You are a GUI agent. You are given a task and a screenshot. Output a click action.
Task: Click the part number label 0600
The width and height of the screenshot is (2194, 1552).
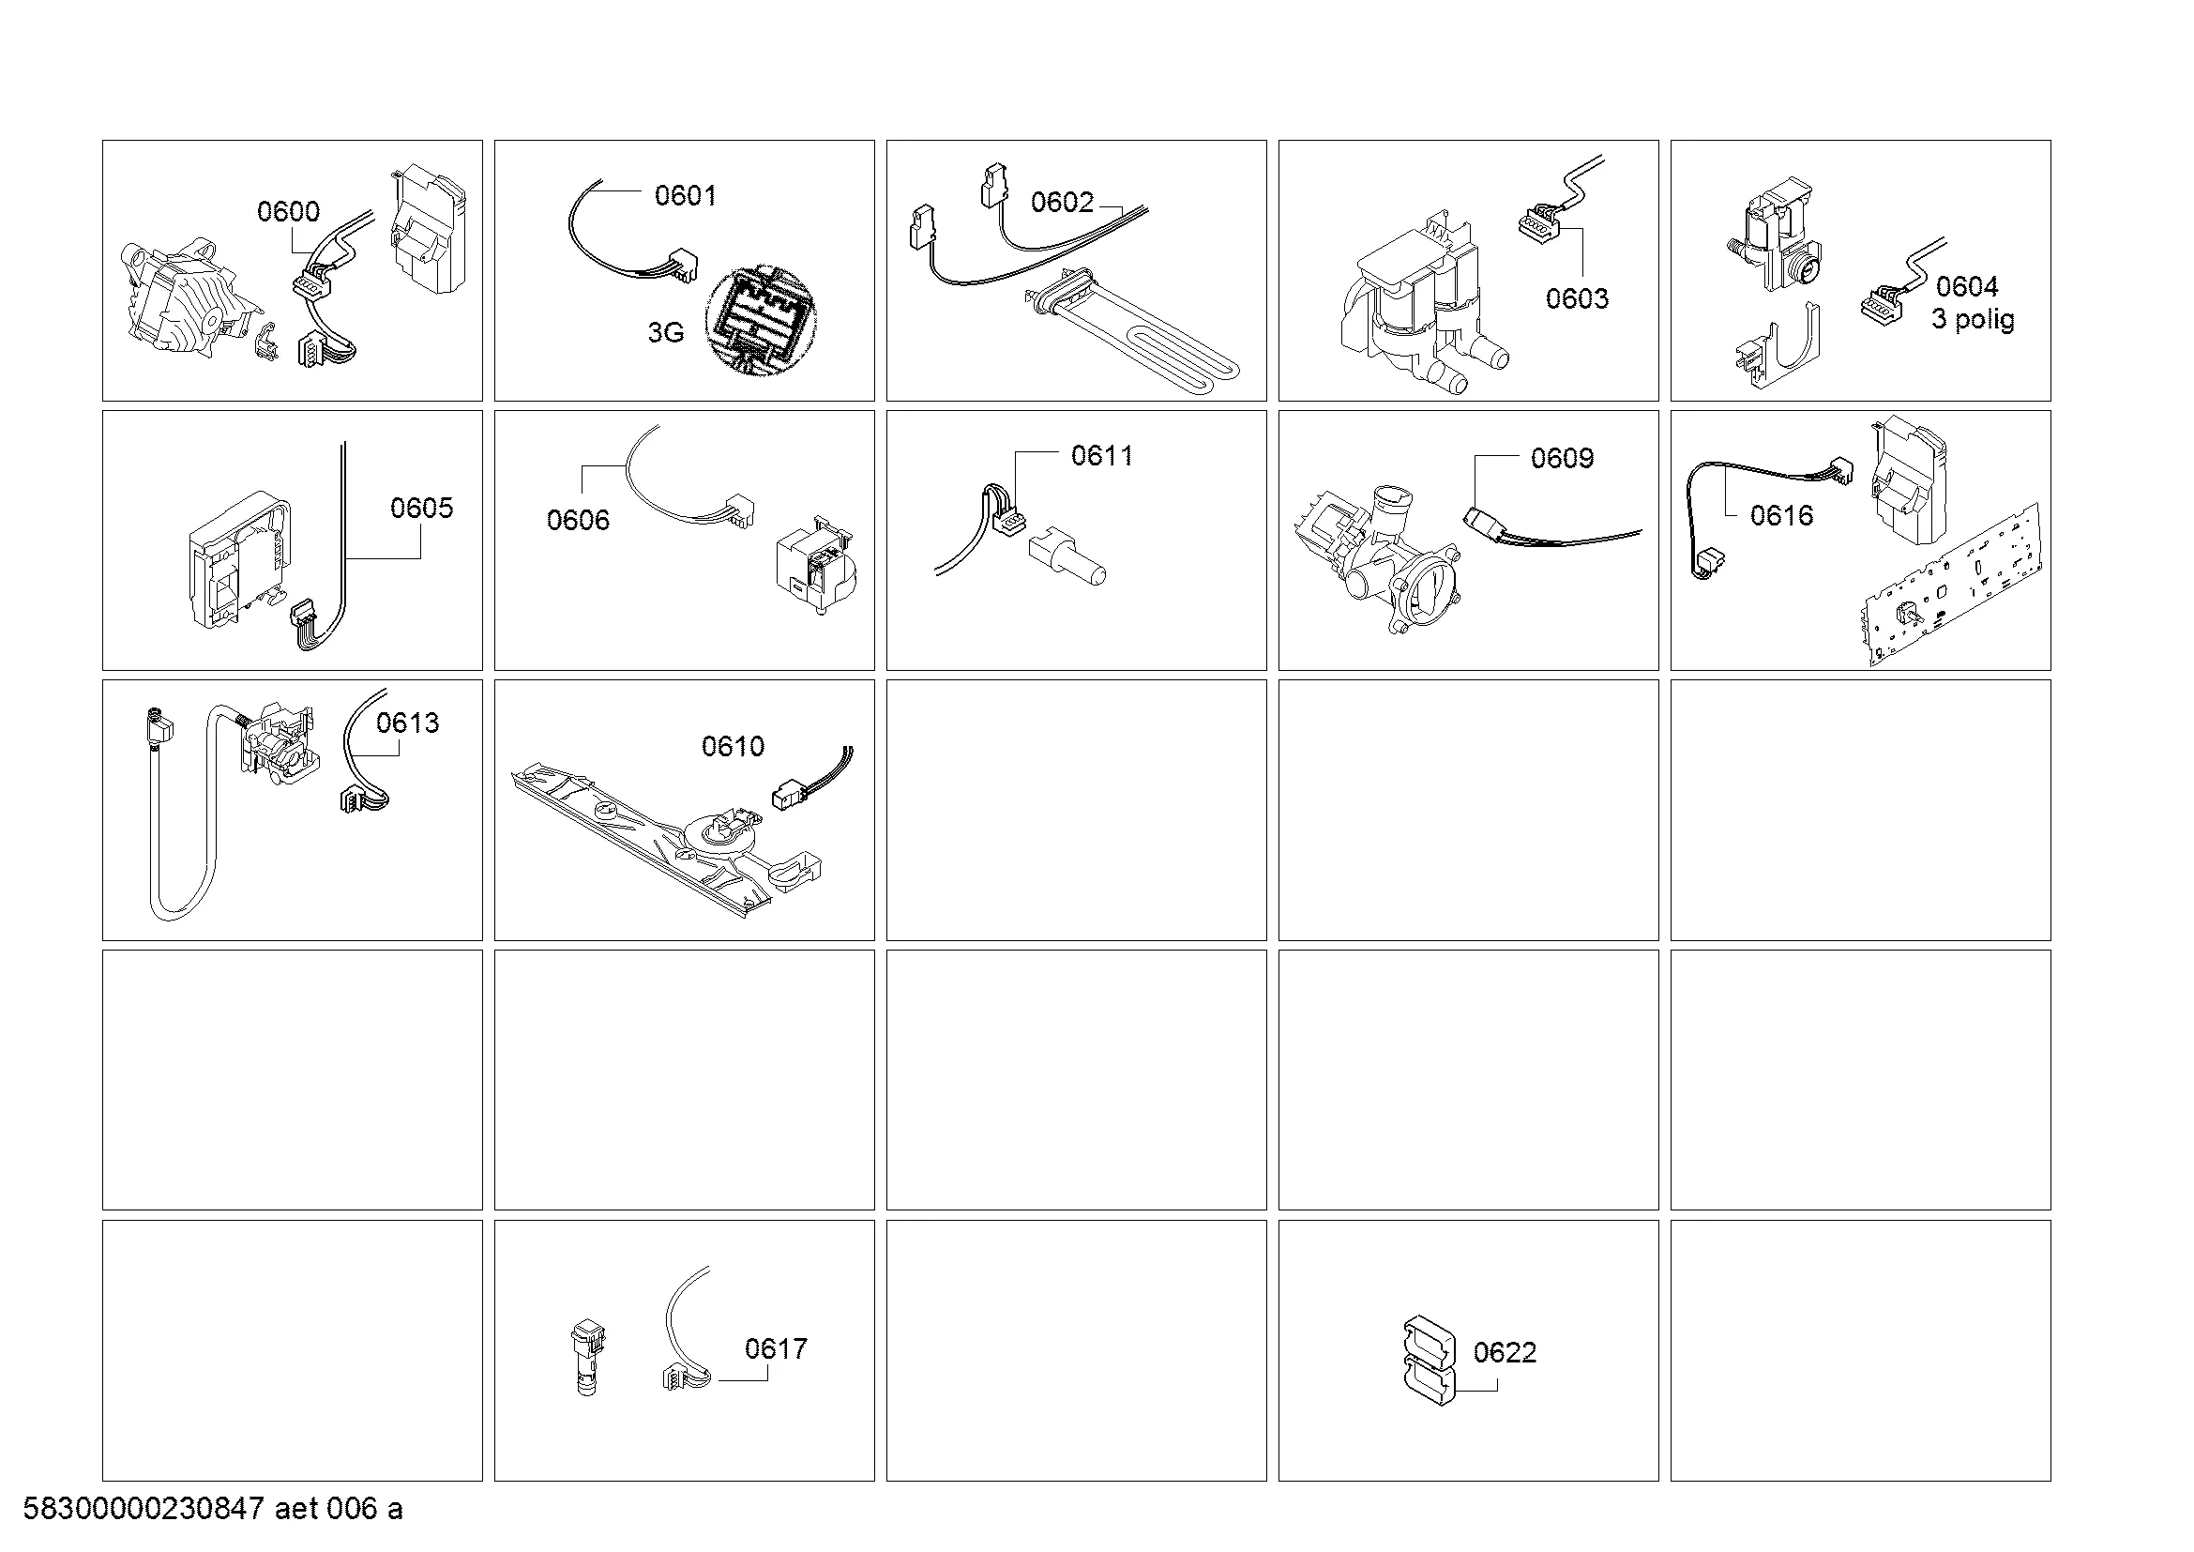(x=289, y=211)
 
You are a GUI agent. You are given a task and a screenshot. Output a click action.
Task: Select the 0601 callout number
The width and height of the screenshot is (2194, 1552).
(x=685, y=195)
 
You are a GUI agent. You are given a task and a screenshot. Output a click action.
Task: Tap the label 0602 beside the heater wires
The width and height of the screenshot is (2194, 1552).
(x=1062, y=202)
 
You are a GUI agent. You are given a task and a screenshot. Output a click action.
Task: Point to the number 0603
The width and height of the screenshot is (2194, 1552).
(x=1577, y=298)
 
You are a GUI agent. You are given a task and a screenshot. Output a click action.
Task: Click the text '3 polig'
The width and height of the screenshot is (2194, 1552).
(x=1974, y=319)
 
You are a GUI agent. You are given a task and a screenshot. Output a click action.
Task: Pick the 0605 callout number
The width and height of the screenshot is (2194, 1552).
(x=421, y=508)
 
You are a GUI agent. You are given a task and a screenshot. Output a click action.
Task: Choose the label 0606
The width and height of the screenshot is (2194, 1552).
(x=578, y=520)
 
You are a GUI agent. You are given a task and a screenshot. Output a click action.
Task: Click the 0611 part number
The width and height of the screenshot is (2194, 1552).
(x=1102, y=456)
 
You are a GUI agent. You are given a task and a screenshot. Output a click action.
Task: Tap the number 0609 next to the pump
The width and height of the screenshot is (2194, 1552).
(x=1563, y=458)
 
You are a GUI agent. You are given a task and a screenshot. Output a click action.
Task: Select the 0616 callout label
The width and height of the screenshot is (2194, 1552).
(x=1782, y=516)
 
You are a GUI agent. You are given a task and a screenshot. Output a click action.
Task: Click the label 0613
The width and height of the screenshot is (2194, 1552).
(x=408, y=723)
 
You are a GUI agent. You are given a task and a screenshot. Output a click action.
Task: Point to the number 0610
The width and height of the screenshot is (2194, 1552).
(x=733, y=746)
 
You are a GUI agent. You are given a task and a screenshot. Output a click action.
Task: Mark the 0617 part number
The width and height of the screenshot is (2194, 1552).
(x=776, y=1348)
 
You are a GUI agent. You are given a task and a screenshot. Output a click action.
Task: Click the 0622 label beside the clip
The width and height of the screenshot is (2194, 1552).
(x=1505, y=1352)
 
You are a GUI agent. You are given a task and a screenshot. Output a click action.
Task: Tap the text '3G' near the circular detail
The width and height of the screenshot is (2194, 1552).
(x=666, y=332)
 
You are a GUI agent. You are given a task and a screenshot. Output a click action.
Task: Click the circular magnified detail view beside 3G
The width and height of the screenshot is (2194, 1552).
(x=762, y=318)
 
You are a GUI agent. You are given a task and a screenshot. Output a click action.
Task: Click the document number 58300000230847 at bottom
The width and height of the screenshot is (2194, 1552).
(x=144, y=1509)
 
